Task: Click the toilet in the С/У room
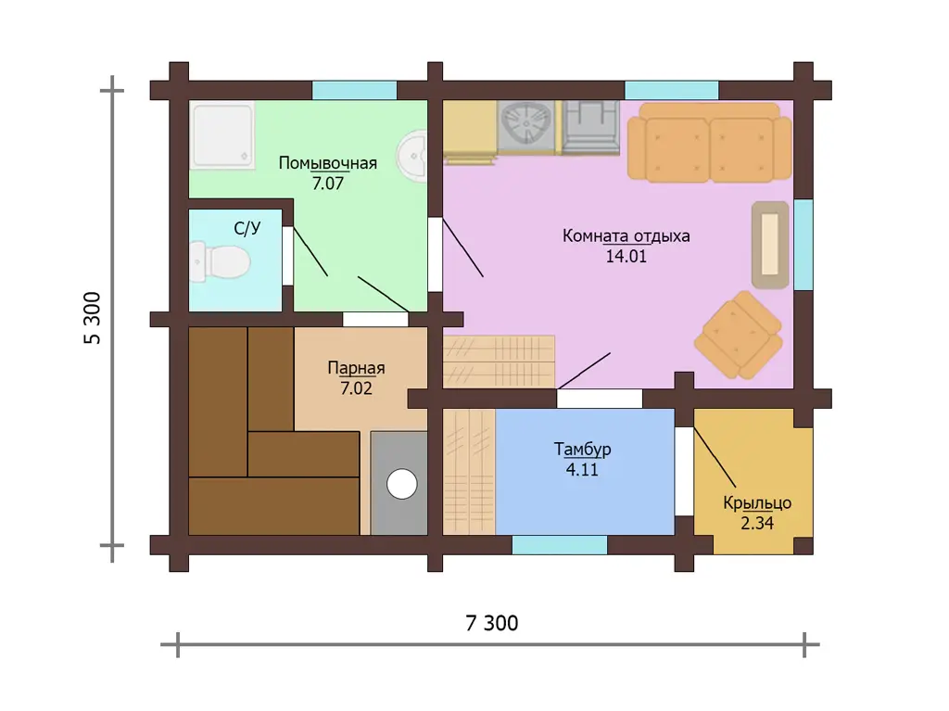click(220, 262)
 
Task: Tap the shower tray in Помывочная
click(222, 135)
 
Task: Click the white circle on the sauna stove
click(402, 485)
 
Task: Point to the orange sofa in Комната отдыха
click(709, 143)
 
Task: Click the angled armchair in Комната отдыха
click(738, 335)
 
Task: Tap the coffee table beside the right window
click(770, 245)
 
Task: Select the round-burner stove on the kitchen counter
click(525, 125)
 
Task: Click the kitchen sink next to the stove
click(590, 126)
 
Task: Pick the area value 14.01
click(626, 256)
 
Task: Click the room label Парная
click(356, 368)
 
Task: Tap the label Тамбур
click(582, 450)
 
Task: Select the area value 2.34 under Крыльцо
click(757, 523)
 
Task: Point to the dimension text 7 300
click(491, 623)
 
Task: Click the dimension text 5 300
click(92, 318)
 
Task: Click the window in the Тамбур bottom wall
click(560, 545)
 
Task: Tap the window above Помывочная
click(355, 90)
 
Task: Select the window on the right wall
click(803, 244)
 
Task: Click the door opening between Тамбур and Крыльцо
click(684, 471)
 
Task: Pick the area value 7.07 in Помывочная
click(327, 183)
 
